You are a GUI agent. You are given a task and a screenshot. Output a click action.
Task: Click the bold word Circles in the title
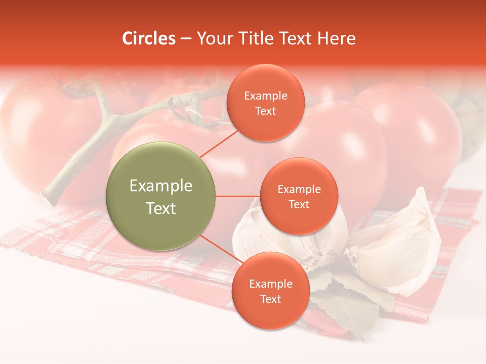[149, 38]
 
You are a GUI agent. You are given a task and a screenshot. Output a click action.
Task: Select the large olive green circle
[161, 196]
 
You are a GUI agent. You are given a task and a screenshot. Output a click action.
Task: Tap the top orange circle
[265, 103]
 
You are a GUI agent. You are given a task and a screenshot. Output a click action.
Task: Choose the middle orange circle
[299, 196]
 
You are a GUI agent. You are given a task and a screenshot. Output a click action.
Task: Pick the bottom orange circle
[270, 291]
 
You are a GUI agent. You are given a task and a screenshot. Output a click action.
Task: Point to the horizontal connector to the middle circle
[237, 196]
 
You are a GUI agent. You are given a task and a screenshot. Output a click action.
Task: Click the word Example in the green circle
[161, 186]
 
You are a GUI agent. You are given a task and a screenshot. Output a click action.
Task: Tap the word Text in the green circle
[161, 208]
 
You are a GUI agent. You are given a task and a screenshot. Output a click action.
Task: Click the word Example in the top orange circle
[266, 96]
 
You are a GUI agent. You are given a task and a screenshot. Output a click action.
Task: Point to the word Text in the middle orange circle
[299, 205]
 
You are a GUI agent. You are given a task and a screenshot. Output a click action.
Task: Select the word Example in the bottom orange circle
[271, 284]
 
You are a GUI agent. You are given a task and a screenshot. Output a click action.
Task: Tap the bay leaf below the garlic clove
[349, 303]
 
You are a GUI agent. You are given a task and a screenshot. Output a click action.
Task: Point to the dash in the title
[186, 39]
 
